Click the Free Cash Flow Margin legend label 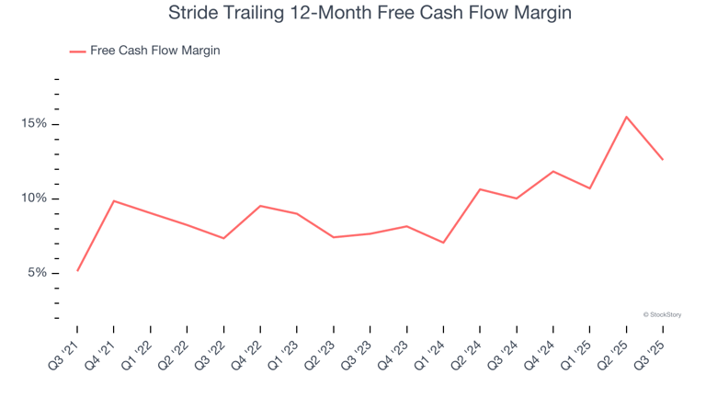click(x=154, y=51)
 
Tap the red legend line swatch click(x=77, y=51)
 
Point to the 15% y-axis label click(x=35, y=124)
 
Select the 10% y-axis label click(x=35, y=198)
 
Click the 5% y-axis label click(x=38, y=273)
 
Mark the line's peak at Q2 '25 click(x=626, y=117)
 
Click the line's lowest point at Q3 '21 click(x=77, y=270)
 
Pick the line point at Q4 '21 click(x=114, y=200)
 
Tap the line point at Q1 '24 click(x=443, y=243)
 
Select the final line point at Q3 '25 click(x=663, y=160)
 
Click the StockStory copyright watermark click(x=662, y=314)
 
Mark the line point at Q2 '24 click(x=480, y=189)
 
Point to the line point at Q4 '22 click(x=260, y=206)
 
